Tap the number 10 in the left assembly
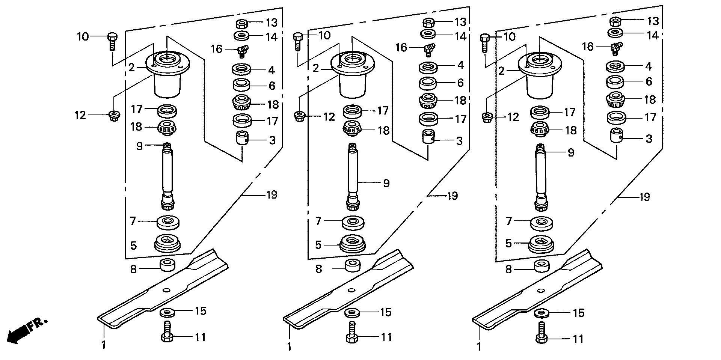83,37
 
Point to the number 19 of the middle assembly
453,196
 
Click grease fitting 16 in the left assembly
243,50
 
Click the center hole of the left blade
166,289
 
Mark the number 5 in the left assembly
133,246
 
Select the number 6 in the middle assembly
460,83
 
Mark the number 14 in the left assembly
272,37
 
